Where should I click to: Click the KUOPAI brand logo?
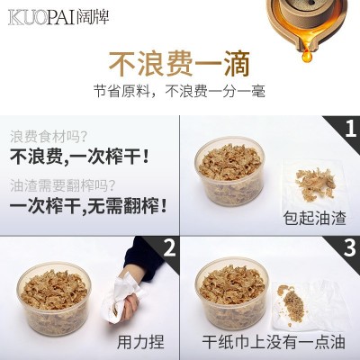tap(58, 17)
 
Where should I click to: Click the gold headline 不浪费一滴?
tap(179, 64)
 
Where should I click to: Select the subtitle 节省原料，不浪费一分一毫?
tap(179, 91)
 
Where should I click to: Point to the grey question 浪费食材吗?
tap(49, 137)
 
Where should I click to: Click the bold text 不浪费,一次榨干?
tap(79, 157)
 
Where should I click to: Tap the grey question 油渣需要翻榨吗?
tap(62, 186)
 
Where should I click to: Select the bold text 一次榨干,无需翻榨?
tap(88, 206)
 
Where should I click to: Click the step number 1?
tap(350, 130)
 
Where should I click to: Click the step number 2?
tap(169, 247)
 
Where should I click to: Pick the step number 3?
tap(349, 247)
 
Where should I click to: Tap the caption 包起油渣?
tap(314, 218)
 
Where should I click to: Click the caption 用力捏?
tap(140, 342)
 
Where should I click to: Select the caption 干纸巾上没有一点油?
tap(274, 342)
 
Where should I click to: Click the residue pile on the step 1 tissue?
tap(315, 183)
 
